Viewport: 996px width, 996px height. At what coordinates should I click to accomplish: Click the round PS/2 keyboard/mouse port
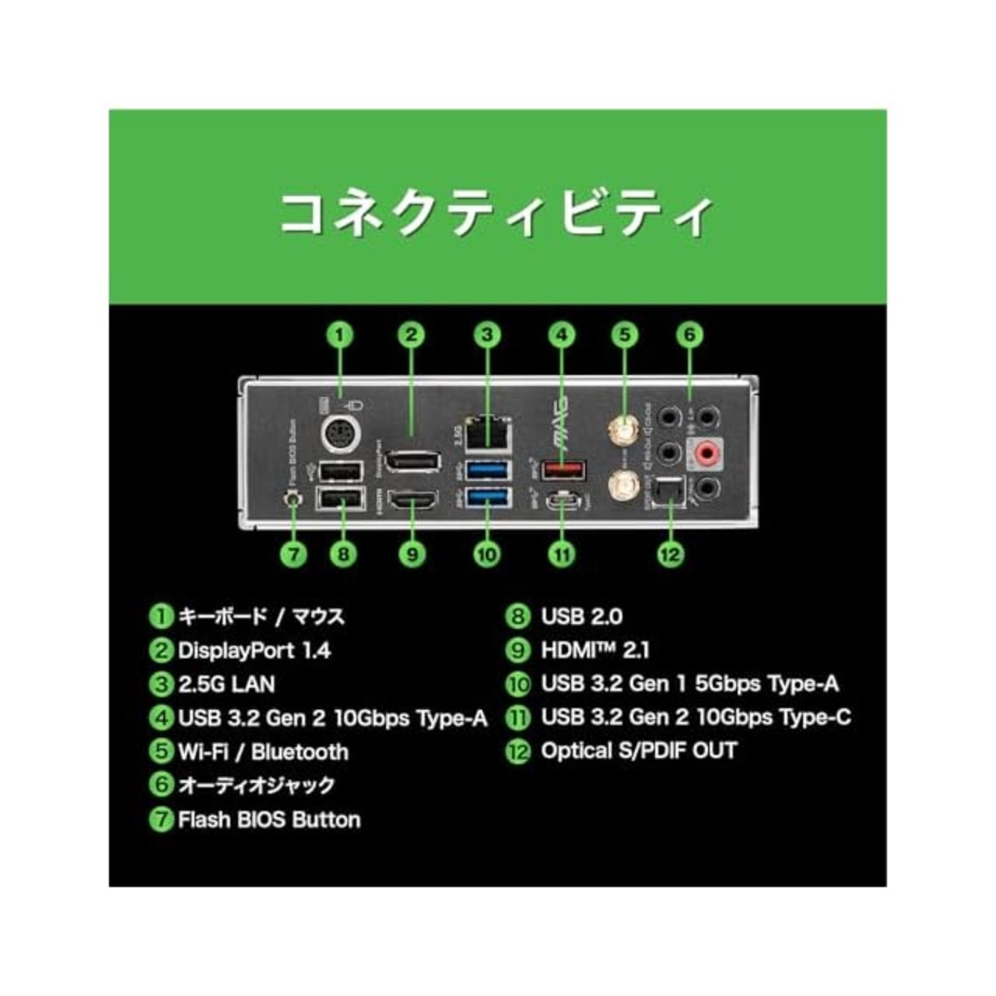[340, 432]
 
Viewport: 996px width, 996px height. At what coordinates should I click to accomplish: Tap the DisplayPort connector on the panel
[412, 461]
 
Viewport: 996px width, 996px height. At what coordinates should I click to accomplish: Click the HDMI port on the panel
[412, 502]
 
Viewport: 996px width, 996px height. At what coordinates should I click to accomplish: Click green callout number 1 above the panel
[340, 335]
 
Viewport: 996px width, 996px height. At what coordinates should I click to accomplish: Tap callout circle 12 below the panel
[670, 554]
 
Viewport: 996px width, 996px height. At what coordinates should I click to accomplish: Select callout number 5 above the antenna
[624, 335]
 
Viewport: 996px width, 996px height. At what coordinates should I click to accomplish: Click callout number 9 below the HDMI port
[412, 554]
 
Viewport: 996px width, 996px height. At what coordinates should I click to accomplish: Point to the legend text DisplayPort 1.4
[254, 651]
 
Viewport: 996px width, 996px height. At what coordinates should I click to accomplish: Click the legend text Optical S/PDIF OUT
[638, 751]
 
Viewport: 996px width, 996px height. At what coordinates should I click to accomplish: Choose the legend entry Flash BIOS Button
[268, 819]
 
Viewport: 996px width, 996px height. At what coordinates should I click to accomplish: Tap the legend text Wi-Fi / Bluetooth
[262, 752]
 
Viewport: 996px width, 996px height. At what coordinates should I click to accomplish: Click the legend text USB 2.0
[581, 617]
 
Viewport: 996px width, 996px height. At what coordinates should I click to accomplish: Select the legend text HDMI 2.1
[594, 651]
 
